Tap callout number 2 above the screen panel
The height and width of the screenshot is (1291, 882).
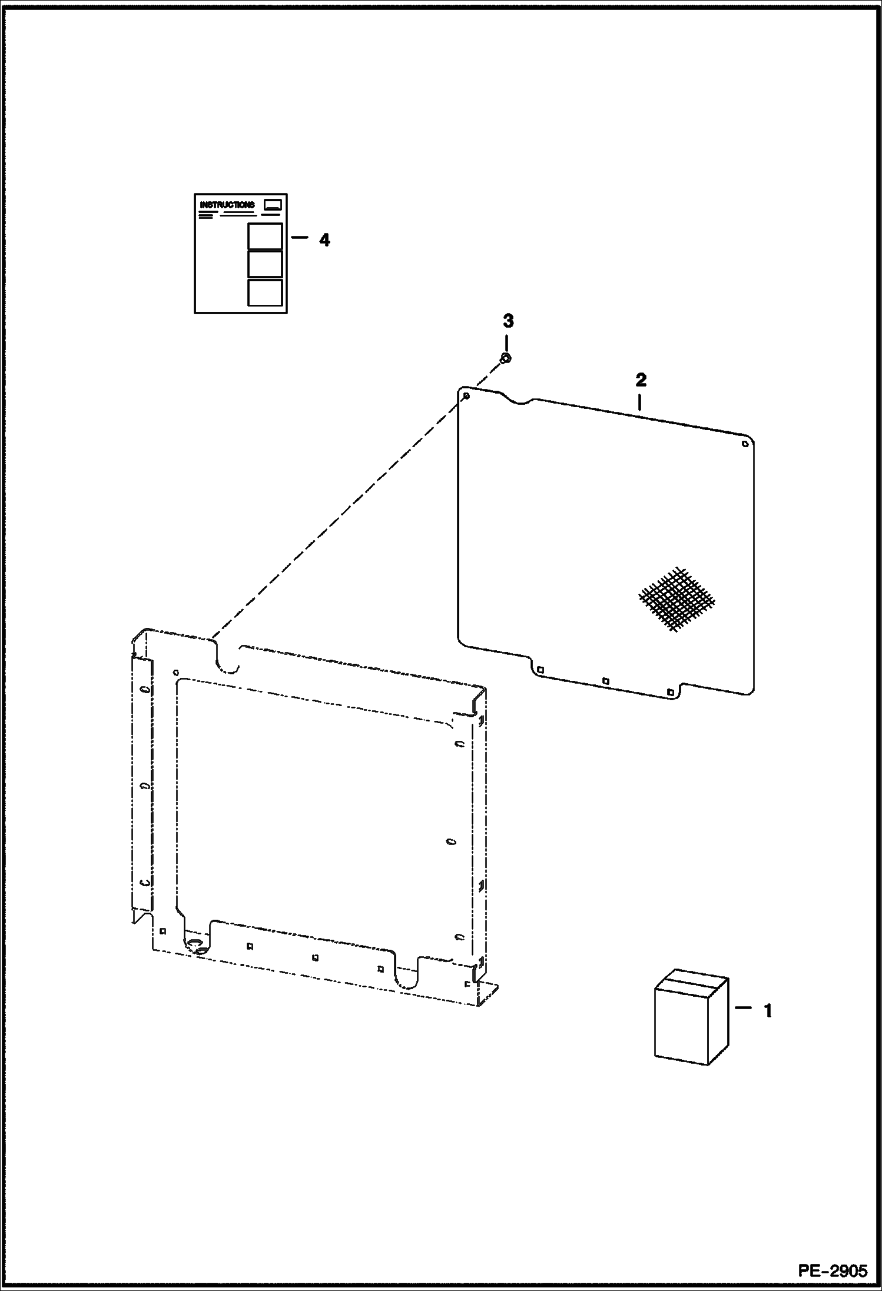click(641, 380)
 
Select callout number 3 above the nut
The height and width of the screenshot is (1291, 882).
click(508, 321)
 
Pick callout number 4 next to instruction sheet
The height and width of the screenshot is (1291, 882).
click(324, 240)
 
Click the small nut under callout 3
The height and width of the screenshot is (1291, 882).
click(505, 358)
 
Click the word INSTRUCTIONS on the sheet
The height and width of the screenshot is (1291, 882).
click(227, 205)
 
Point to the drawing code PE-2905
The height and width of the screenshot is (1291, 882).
click(833, 1271)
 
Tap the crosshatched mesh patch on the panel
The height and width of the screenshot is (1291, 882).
click(677, 600)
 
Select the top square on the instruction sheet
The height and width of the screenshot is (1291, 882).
click(264, 237)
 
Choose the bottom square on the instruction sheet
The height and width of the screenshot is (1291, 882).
click(264, 292)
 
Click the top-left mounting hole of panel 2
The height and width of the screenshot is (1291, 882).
click(466, 396)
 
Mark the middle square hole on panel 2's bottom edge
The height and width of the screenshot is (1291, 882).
click(605, 681)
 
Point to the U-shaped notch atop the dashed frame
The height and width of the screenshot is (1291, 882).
click(226, 659)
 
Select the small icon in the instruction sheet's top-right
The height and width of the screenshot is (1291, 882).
click(273, 205)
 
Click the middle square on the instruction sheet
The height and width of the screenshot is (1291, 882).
click(264, 264)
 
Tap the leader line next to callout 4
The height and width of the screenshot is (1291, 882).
click(299, 238)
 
